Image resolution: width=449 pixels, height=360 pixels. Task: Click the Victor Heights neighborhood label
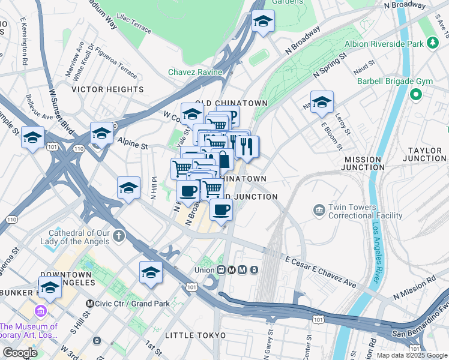(107, 89)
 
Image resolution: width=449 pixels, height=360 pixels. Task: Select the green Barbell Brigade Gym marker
(415, 94)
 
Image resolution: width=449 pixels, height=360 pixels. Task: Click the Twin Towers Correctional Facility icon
(318, 211)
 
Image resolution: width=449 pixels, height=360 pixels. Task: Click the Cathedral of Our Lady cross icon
(119, 235)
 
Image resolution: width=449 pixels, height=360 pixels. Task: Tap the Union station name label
(204, 270)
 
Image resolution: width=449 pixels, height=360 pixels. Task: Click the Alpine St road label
(132, 146)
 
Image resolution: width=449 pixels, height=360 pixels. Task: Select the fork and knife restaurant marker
(247, 146)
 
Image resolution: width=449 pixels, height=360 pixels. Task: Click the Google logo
(20, 353)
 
